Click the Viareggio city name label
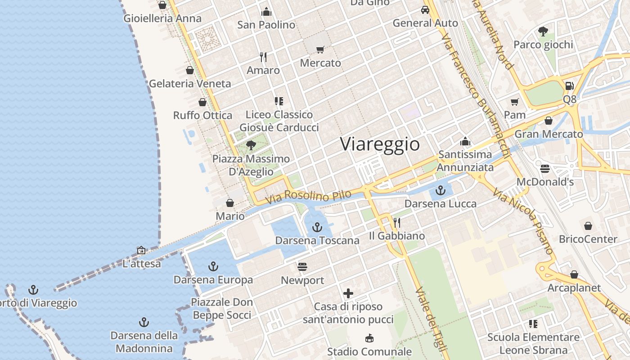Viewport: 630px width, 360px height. click(380, 144)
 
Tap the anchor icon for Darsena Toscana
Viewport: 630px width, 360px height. click(317, 227)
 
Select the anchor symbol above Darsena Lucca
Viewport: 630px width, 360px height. click(441, 190)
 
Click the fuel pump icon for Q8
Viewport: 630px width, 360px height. click(569, 85)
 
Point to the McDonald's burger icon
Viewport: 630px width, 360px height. click(545, 169)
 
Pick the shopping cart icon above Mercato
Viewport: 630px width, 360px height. click(320, 49)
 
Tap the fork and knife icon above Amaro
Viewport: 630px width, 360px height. click(263, 57)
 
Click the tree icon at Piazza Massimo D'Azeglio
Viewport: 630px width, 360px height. click(251, 145)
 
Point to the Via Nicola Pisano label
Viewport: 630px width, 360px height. click(522, 221)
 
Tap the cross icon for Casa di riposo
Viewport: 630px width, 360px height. click(348, 294)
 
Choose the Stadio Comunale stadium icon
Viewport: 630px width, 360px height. click(369, 338)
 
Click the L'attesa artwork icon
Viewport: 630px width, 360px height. click(141, 250)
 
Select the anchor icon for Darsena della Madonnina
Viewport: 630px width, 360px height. click(144, 322)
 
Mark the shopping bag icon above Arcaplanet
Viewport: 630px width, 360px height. click(574, 274)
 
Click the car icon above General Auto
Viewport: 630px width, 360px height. click(425, 9)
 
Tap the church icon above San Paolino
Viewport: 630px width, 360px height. click(266, 11)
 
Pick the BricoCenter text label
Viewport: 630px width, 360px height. click(588, 239)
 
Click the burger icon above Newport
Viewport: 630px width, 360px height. click(302, 267)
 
